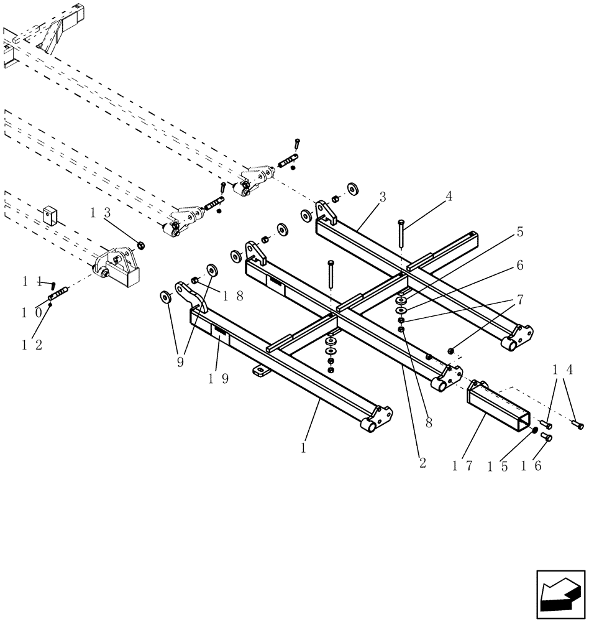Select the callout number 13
pyautogui.click(x=101, y=213)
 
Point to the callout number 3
pyautogui.click(x=383, y=198)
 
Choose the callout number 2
pyautogui.click(x=422, y=463)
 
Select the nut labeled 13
pyautogui.click(x=140, y=244)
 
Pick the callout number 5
pyautogui.click(x=519, y=232)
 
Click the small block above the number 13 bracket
pyautogui.click(x=50, y=215)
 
